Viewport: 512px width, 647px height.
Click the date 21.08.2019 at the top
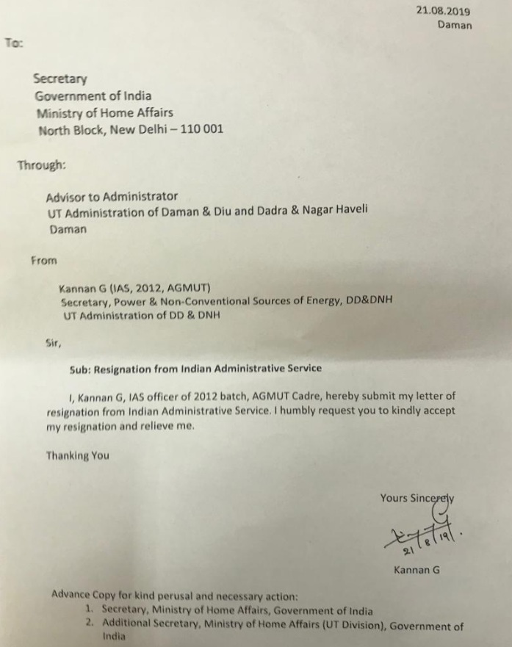[443, 10]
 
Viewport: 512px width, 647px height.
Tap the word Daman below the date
[455, 25]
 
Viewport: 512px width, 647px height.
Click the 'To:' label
[14, 42]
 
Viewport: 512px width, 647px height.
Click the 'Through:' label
[41, 165]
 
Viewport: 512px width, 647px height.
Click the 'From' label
[43, 260]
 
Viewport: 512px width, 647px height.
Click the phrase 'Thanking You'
[77, 455]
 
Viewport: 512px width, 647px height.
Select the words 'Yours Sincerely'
[417, 498]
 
